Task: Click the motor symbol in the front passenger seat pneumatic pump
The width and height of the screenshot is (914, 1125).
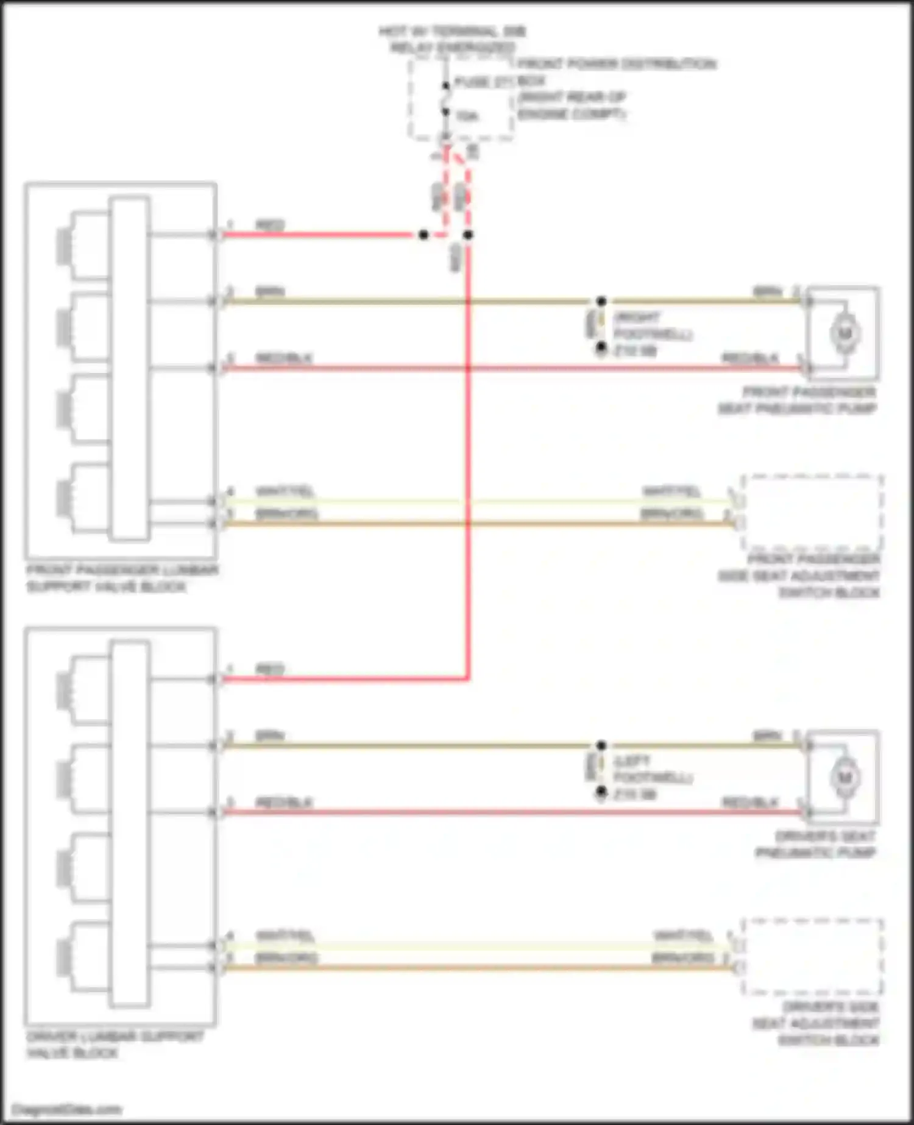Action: coord(845,333)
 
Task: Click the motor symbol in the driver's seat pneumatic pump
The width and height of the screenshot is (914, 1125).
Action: coord(845,778)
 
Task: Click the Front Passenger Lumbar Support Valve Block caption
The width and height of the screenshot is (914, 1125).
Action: coord(122,578)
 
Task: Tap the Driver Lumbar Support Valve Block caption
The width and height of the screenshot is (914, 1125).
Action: coord(115,1045)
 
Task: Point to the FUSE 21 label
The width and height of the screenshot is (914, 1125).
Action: coord(482,82)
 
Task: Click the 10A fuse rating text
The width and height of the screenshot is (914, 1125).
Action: coord(467,115)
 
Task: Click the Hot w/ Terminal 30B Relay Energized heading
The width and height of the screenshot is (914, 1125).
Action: coord(452,39)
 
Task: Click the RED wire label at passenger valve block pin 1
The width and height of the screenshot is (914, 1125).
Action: coord(270,225)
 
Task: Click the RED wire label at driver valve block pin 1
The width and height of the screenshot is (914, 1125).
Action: coord(270,669)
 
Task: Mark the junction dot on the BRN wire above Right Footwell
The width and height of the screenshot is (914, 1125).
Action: coord(601,301)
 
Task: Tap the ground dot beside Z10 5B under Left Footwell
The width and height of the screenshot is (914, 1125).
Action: coord(601,792)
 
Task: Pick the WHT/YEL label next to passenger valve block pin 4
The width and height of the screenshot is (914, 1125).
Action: coord(285,491)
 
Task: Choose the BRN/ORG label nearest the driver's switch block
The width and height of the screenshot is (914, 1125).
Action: coord(682,959)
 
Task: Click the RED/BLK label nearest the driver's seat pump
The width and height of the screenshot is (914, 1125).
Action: coord(750,802)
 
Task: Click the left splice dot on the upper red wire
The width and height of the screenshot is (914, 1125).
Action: coord(423,235)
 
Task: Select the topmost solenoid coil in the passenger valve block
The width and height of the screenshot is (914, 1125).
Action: coord(63,246)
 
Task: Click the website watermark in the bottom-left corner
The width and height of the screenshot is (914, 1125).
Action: coord(66,1110)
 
